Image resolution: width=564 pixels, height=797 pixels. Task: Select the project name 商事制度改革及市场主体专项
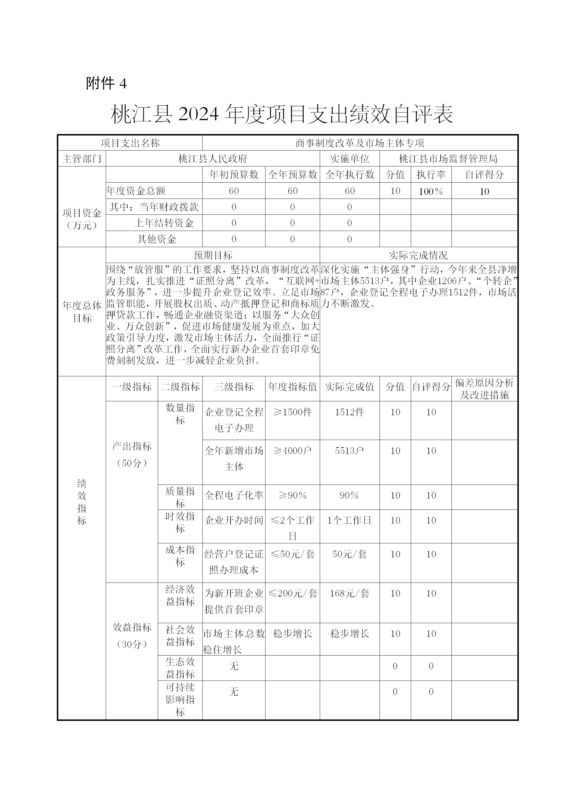pyautogui.click(x=360, y=143)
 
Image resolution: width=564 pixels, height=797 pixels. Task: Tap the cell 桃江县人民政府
pyautogui.click(x=213, y=159)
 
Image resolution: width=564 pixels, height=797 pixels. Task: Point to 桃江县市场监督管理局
pyautogui.click(x=448, y=159)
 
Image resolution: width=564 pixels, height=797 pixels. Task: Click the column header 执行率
pyautogui.click(x=431, y=175)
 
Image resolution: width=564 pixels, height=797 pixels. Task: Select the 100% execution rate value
pyautogui.click(x=431, y=191)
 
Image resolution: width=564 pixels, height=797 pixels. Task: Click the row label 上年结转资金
pyautogui.click(x=164, y=223)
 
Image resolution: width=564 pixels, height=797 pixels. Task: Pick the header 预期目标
pyautogui.click(x=213, y=255)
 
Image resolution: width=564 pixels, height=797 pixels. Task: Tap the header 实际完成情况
pyautogui.click(x=418, y=255)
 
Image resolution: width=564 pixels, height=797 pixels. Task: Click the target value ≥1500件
pyautogui.click(x=292, y=412)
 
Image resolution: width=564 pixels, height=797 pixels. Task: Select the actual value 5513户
pyautogui.click(x=349, y=450)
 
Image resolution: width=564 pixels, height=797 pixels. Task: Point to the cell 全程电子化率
pyautogui.click(x=234, y=495)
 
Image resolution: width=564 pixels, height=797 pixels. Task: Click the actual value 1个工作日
pyautogui.click(x=349, y=520)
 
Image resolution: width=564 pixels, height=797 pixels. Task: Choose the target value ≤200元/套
pyautogui.click(x=292, y=593)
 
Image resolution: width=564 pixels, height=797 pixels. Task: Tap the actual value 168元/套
pyautogui.click(x=349, y=593)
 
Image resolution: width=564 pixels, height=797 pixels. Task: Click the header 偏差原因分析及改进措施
pyautogui.click(x=484, y=389)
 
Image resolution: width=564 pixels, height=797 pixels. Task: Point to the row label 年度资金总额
pyautogui.click(x=136, y=191)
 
